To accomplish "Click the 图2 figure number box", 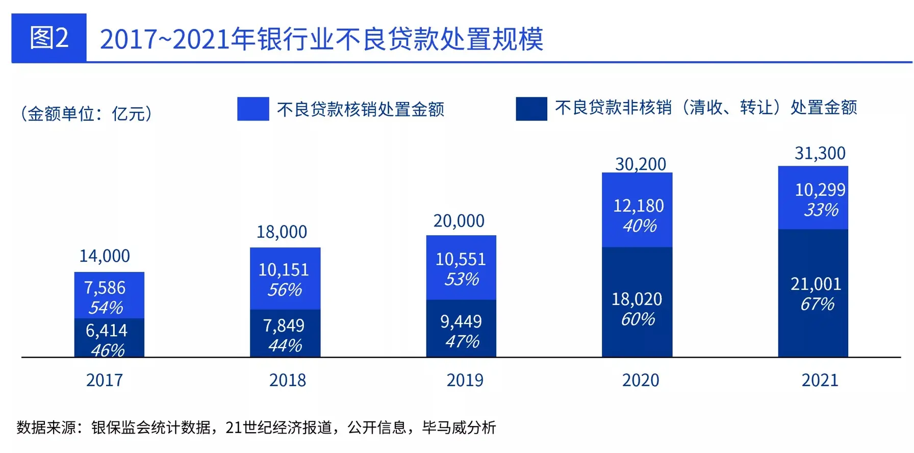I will pos(49,38).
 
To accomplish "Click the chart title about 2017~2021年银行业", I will pos(321,39).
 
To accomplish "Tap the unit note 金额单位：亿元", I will pos(86,113).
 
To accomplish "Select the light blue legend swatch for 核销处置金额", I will pos(253,109).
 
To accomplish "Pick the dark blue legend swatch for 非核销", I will pos(531,109).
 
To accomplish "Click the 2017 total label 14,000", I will pos(105,256).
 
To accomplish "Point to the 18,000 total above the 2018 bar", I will pos(282,232).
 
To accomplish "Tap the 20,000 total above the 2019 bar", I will pos(459,221).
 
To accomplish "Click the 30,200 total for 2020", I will pos(640,164).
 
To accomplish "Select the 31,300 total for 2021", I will pos(820,153).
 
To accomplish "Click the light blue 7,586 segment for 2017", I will pos(109,295).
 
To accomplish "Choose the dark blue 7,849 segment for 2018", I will pos(285,333).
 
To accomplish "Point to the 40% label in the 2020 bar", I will pos(640,226).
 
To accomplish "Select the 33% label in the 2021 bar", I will pos(821,210).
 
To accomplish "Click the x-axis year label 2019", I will pos(465,381).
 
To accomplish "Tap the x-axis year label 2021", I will pos(820,381).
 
